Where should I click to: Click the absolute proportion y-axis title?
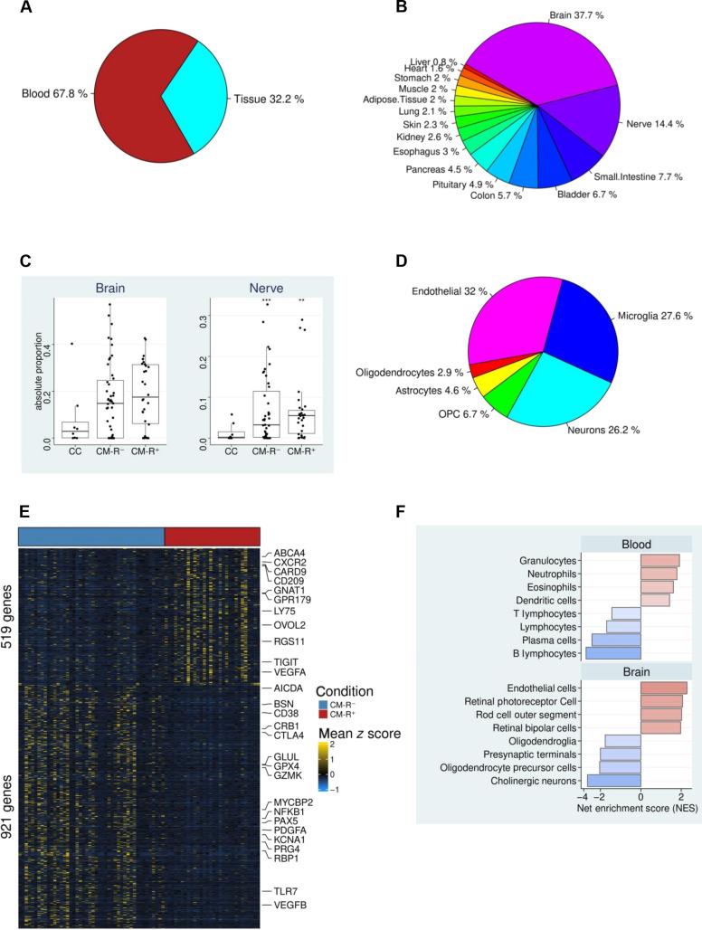(x=39, y=375)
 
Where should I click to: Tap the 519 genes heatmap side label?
(x=8, y=595)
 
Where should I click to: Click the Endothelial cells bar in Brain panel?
(x=663, y=688)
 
